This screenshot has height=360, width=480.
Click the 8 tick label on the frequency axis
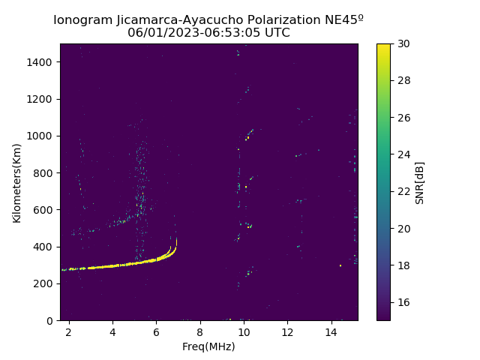tap(199, 331)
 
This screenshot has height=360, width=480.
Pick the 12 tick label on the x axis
tap(287, 331)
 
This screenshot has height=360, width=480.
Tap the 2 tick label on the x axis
tap(69, 331)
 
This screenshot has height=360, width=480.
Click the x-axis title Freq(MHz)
tap(208, 346)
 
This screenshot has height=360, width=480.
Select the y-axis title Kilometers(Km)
tap(17, 182)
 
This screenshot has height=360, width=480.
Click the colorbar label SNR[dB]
tap(420, 182)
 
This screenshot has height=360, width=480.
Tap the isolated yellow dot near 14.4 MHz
tap(340, 265)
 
